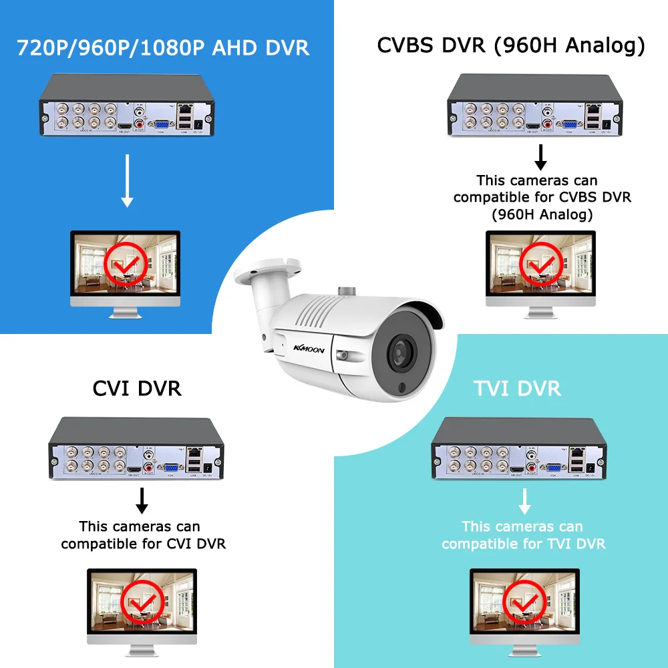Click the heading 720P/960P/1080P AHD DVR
tap(163, 48)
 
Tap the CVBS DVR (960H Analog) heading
tap(511, 45)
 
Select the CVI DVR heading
tap(136, 388)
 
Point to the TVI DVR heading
tap(518, 388)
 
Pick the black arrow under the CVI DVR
tap(142, 500)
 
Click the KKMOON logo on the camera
tap(308, 347)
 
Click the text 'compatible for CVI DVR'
tap(143, 544)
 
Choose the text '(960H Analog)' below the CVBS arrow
tap(542, 214)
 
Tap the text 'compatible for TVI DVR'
tap(524, 544)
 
